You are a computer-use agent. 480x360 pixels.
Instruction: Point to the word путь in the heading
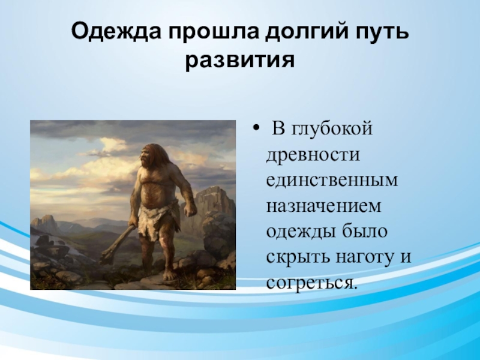coord(382,32)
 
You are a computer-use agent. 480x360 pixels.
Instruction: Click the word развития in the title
coord(240,61)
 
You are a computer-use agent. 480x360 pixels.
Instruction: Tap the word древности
coord(313,155)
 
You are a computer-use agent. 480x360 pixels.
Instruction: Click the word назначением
coord(323,206)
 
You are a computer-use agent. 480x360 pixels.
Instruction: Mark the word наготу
coord(363,258)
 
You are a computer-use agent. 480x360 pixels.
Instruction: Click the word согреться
coord(311,283)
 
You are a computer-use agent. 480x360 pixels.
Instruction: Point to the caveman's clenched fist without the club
coord(190,210)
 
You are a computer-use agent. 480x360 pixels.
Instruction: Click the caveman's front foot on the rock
coord(170,275)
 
